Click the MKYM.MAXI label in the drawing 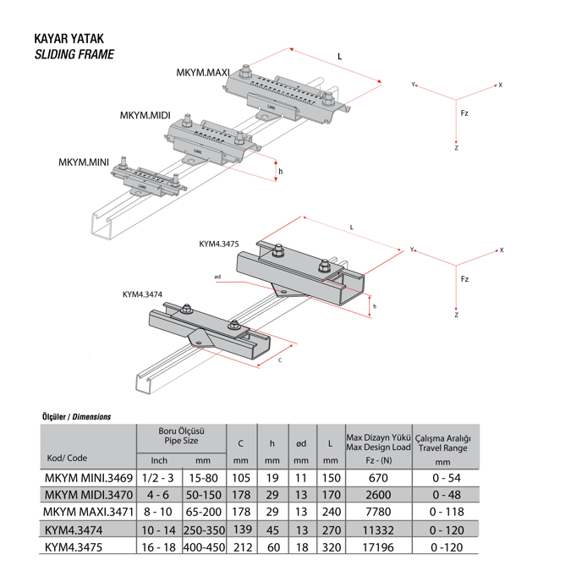(x=203, y=73)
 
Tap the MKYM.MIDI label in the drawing (x=145, y=115)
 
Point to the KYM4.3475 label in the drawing (x=219, y=244)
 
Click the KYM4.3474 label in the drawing (x=142, y=294)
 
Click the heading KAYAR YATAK (x=69, y=39)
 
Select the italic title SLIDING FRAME (x=74, y=55)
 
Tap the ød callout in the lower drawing (x=217, y=276)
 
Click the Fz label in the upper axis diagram (x=464, y=113)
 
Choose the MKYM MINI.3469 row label (x=88, y=478)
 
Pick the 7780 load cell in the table (x=379, y=513)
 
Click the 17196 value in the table (x=379, y=547)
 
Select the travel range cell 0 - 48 (x=442, y=495)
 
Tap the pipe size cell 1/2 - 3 (x=158, y=478)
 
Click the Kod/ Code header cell (x=65, y=458)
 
